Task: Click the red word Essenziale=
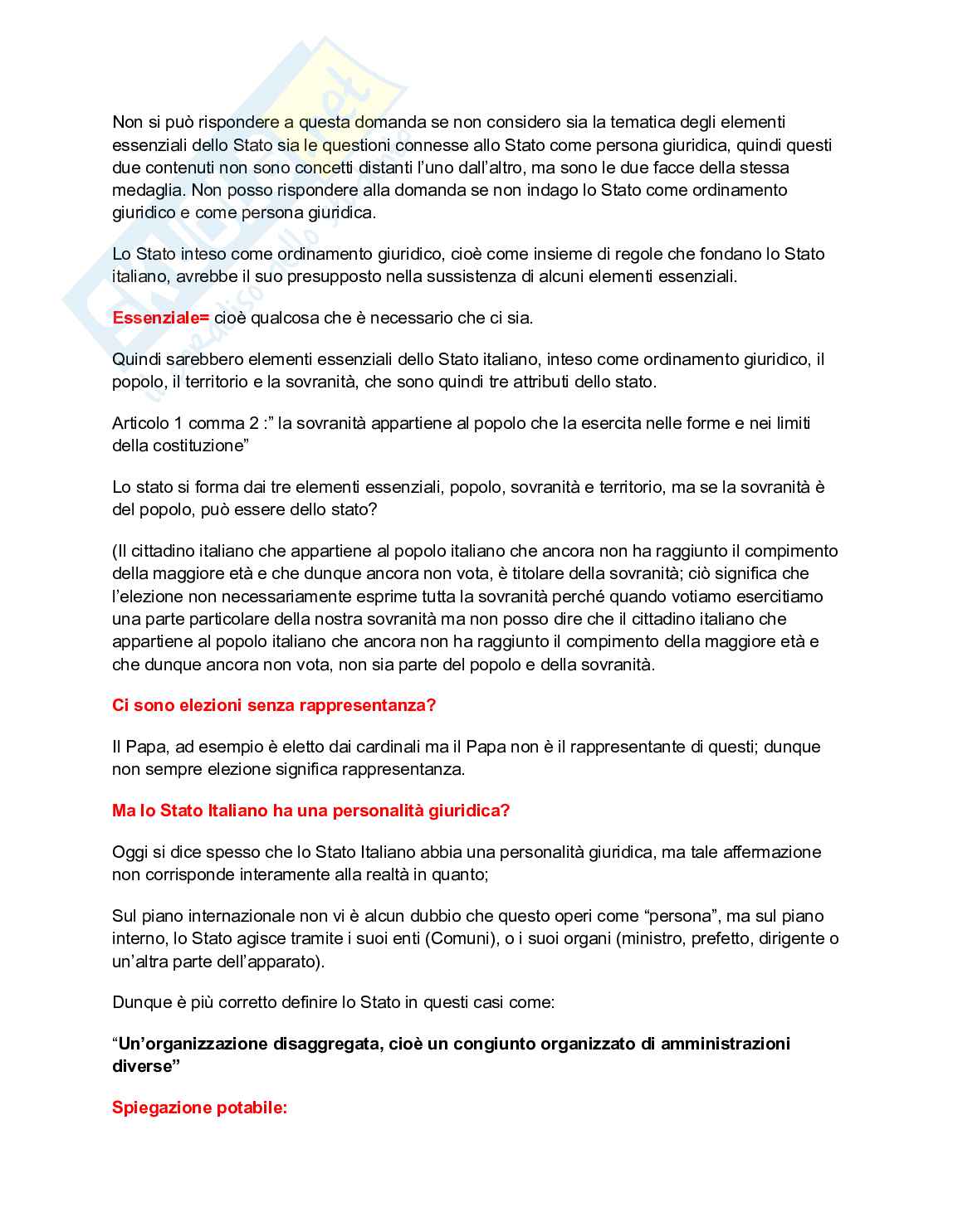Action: pyautogui.click(x=160, y=318)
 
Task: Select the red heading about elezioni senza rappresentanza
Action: pyautogui.click(x=274, y=705)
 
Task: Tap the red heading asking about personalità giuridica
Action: pyautogui.click(x=310, y=811)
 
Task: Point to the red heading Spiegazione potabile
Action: pyautogui.click(x=199, y=1108)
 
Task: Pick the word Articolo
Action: pyautogui.click(x=140, y=423)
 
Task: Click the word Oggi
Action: pyautogui.click(x=130, y=852)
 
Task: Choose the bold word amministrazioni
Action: pyautogui.click(x=725, y=1044)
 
